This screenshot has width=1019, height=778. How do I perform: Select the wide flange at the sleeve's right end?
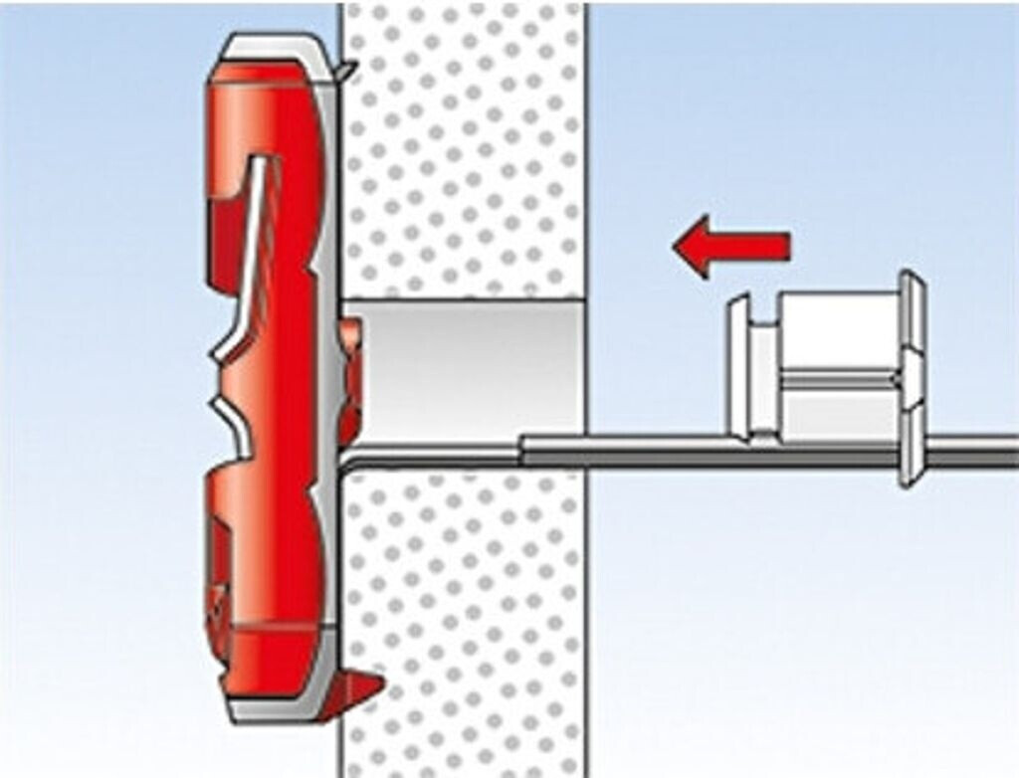[x=911, y=378]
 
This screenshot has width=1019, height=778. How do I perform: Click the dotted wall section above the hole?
[x=463, y=149]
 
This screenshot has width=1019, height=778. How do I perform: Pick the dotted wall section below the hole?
[x=463, y=617]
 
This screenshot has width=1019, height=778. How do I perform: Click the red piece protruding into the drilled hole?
[x=349, y=378]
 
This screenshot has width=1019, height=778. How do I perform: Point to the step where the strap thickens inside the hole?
[x=520, y=450]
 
